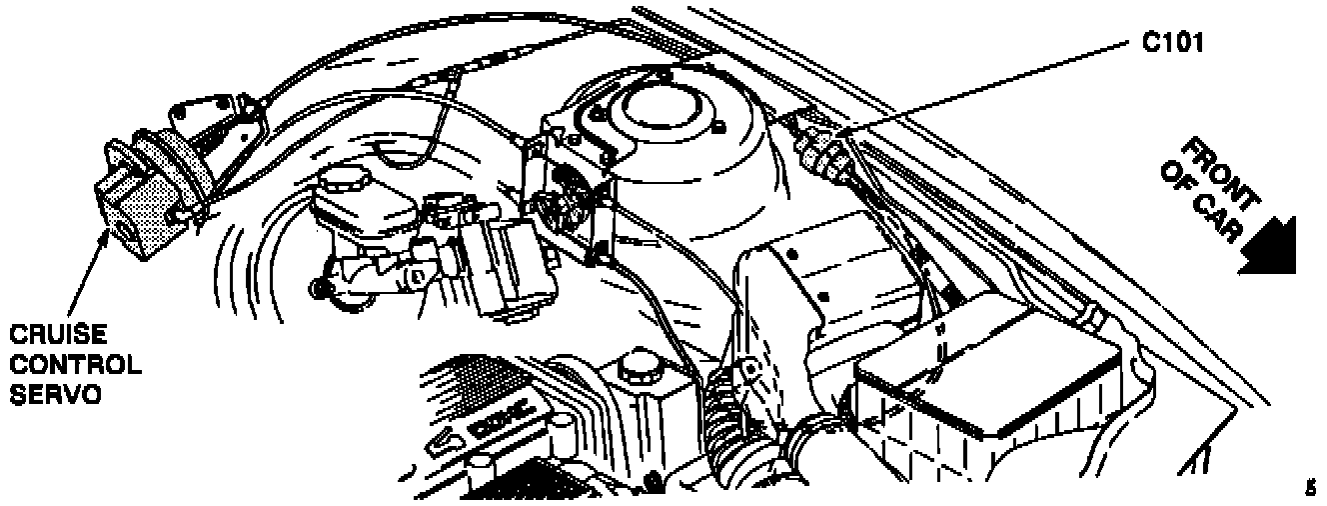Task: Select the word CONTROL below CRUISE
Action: tap(75, 364)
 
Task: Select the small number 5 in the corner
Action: tap(1310, 487)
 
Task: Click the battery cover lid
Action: tap(989, 370)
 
